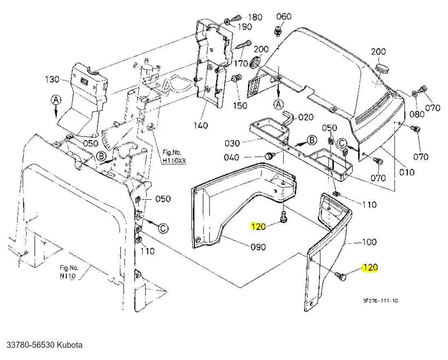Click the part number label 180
(x=255, y=17)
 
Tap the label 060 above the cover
(x=284, y=16)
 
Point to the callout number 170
(x=241, y=64)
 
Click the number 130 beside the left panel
(x=52, y=79)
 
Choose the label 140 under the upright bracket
(x=201, y=125)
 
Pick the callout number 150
(x=240, y=105)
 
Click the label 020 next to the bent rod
(x=306, y=117)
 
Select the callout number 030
(x=233, y=143)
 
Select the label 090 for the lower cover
(x=258, y=247)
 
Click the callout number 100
(x=369, y=242)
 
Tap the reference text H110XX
(x=174, y=160)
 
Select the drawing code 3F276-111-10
(x=380, y=301)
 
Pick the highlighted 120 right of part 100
(x=370, y=268)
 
